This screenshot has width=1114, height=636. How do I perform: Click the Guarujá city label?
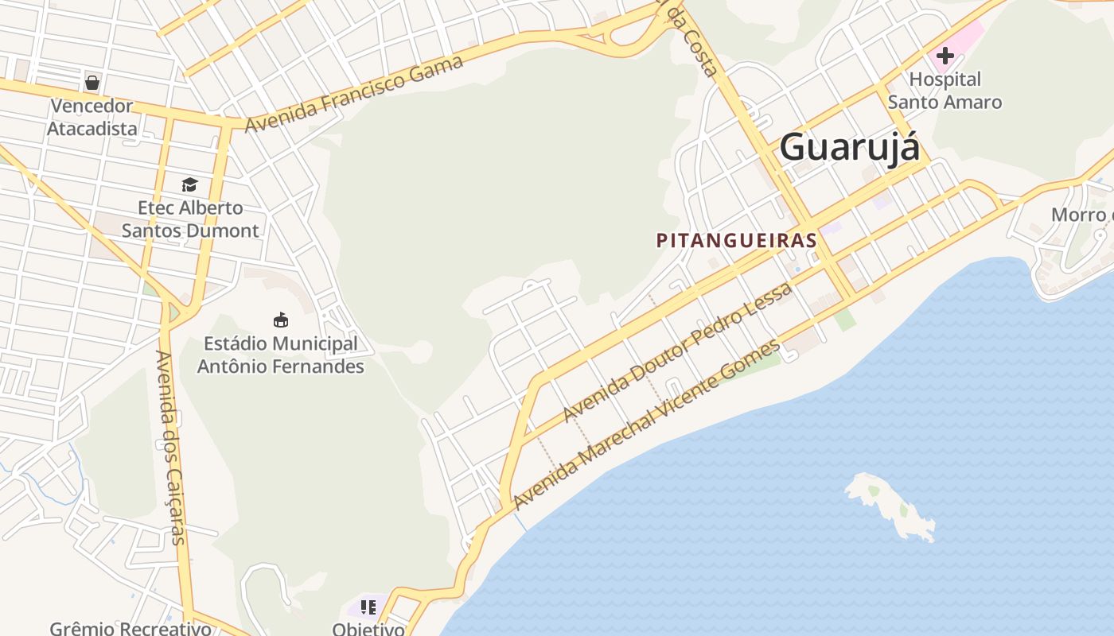[849, 148]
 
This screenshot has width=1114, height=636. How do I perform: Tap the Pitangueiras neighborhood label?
[737, 240]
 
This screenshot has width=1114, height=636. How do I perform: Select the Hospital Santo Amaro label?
[945, 91]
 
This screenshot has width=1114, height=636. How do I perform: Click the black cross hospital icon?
[945, 56]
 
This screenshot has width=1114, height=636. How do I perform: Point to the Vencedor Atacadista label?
[92, 117]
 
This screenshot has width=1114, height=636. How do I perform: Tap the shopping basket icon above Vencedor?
[92, 82]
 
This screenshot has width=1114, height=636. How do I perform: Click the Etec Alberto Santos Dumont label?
[190, 219]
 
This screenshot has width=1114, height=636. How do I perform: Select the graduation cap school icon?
[189, 184]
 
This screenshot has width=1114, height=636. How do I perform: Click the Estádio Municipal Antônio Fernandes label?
[280, 355]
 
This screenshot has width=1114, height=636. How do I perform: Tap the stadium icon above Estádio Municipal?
[280, 320]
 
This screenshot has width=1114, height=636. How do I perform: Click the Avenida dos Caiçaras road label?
[170, 447]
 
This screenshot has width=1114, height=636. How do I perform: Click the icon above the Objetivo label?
[368, 607]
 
